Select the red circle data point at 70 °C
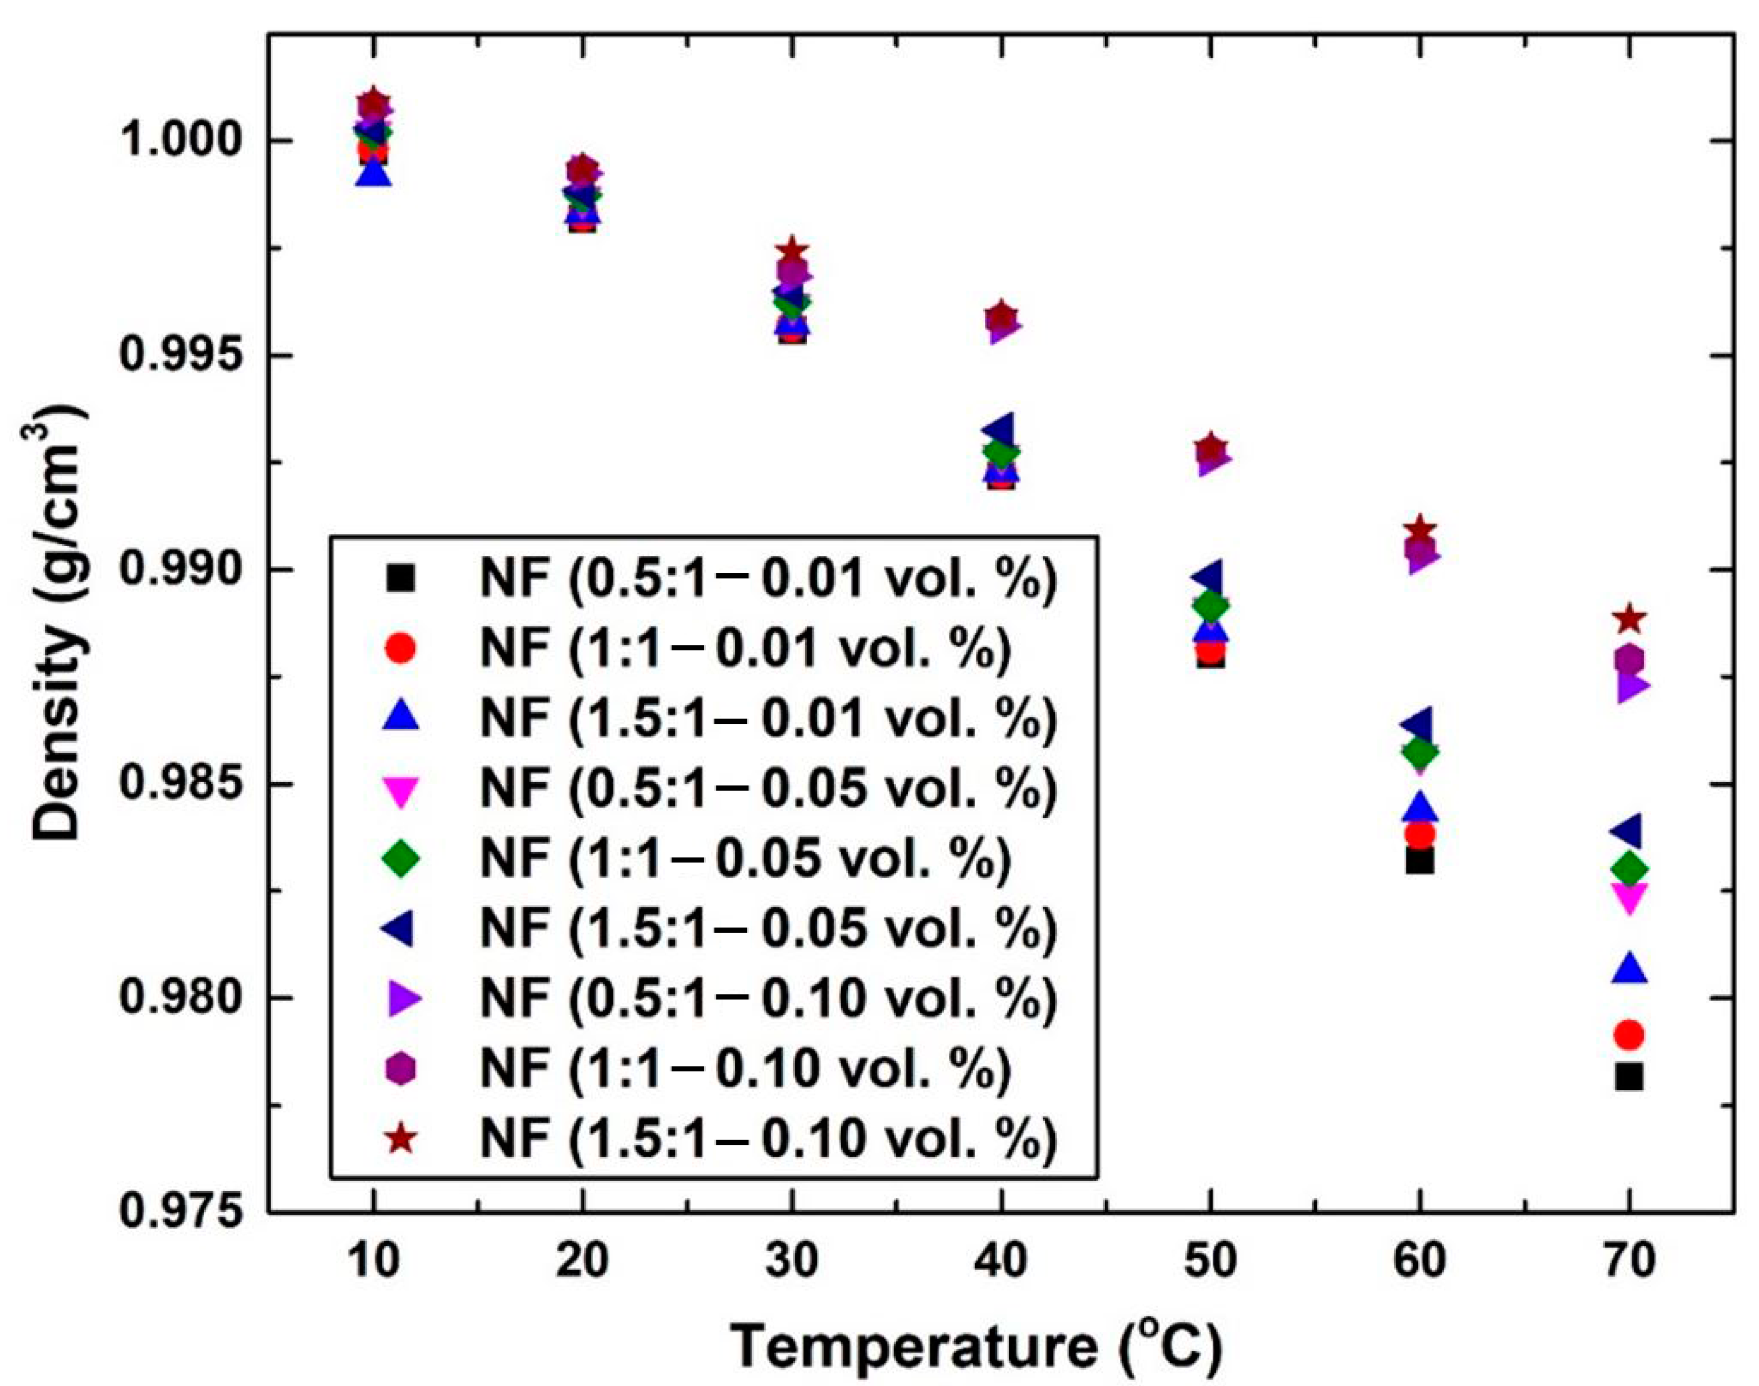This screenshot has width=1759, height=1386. (x=1628, y=1035)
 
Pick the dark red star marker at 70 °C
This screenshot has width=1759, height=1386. (x=1629, y=621)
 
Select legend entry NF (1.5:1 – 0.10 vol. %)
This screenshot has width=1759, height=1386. (x=767, y=1139)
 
